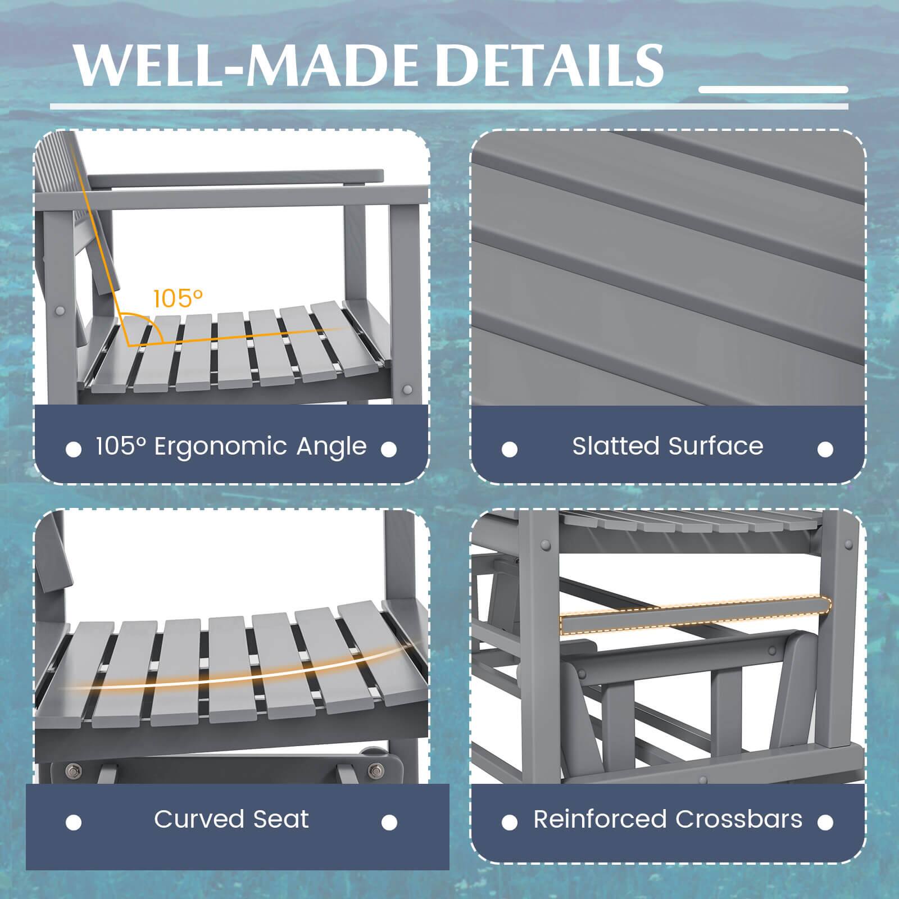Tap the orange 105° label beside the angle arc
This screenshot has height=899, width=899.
click(178, 298)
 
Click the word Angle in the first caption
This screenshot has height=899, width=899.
click(332, 447)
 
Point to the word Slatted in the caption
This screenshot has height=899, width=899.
click(616, 447)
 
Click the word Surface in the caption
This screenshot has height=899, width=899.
click(716, 447)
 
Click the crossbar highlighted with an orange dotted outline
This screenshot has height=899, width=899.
click(696, 616)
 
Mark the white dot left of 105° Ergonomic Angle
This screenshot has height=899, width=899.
click(74, 449)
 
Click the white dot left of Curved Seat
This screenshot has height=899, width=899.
click(74, 823)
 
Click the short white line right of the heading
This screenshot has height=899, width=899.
click(773, 90)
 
